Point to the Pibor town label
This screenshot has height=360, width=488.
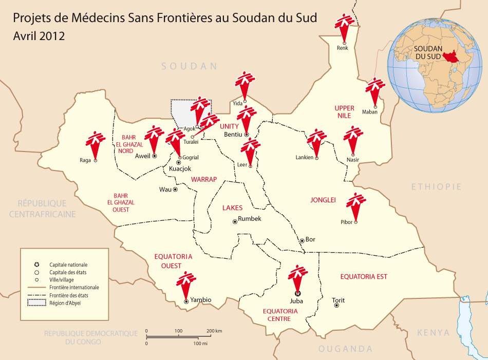pos(347,222)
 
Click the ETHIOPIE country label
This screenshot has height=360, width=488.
pos(436,187)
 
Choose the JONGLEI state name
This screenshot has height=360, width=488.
pos(323,200)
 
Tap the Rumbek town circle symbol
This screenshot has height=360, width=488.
pos(235,221)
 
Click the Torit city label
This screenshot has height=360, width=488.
pos(339,300)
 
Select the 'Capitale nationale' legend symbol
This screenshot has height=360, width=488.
pos(37,264)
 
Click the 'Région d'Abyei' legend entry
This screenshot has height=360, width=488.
pos(65,303)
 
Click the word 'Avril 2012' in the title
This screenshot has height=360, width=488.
pos(39,36)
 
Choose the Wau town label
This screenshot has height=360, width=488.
pos(165,190)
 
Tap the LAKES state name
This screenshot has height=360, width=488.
pos(232,208)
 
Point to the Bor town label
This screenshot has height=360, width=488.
pos(310,240)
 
